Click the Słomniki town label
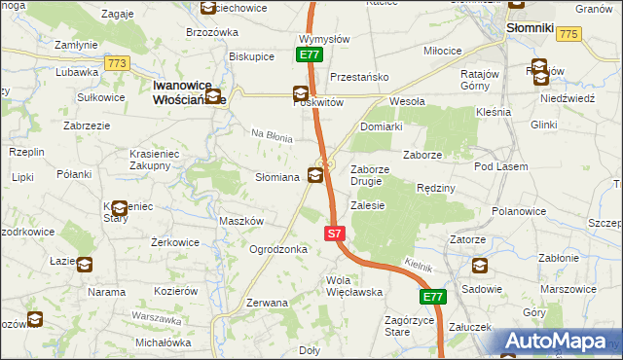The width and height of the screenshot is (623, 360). (x=531, y=29)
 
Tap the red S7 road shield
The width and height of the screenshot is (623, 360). (x=334, y=234)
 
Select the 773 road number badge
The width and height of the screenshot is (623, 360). (x=118, y=63)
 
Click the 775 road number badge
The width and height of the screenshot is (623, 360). (x=569, y=34)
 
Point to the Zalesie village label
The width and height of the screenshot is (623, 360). (x=368, y=205)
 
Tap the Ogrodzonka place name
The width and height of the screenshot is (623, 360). (x=278, y=249)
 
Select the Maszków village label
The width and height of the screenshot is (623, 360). (x=241, y=221)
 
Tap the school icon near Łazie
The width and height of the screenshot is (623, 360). (x=85, y=264)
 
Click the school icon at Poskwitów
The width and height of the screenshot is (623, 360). (x=302, y=93)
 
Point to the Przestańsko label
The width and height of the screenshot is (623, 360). (x=359, y=76)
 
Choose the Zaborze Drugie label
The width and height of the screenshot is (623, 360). (x=366, y=174)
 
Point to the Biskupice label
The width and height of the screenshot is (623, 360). (x=251, y=56)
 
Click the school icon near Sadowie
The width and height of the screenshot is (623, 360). (x=479, y=266)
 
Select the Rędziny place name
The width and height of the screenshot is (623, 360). (x=435, y=187)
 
